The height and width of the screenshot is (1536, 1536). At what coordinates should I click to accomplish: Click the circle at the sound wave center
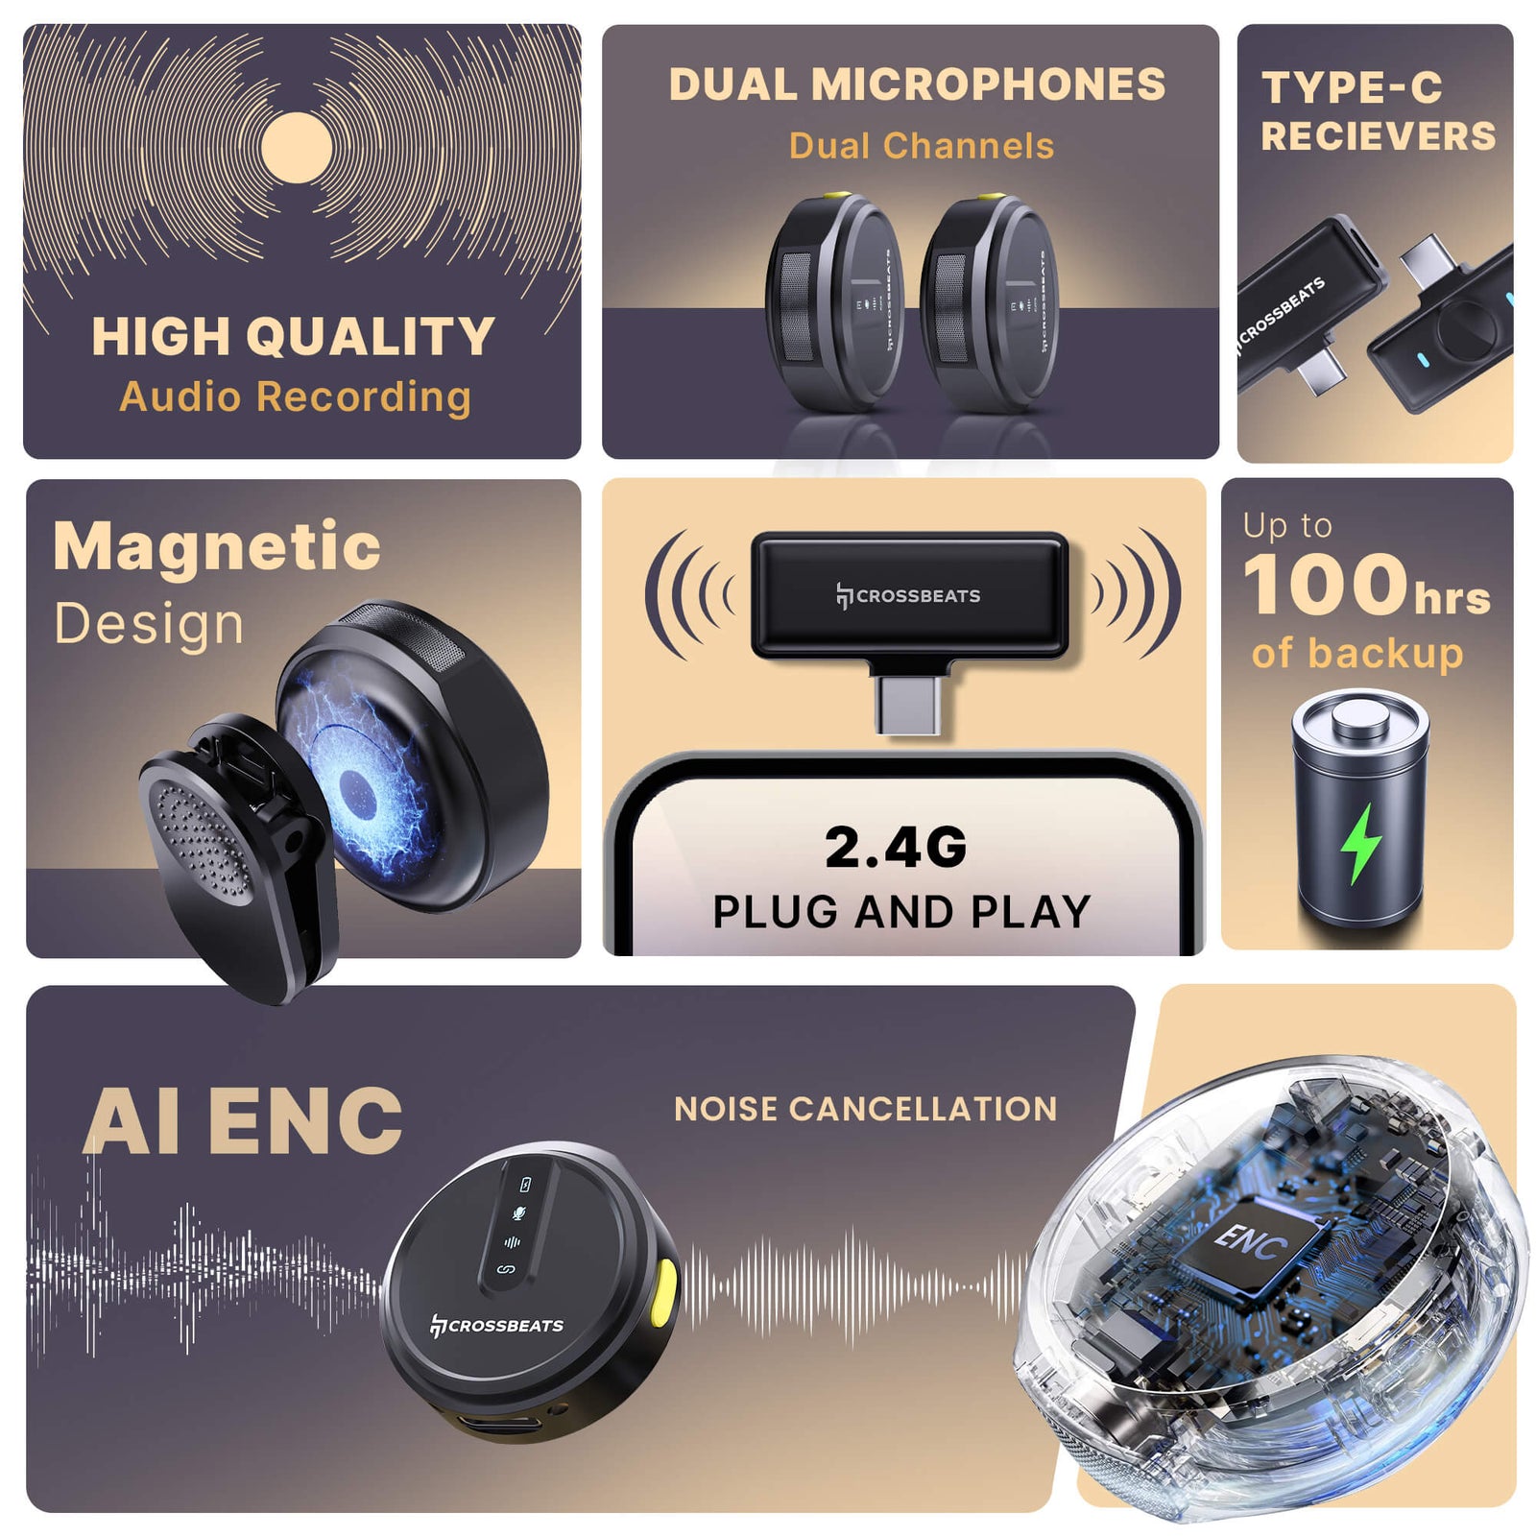[297, 147]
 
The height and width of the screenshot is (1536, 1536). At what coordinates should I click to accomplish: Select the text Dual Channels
[922, 146]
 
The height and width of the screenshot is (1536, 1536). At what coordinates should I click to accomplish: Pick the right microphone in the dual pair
[989, 302]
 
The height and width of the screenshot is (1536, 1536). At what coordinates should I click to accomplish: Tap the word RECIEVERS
[1379, 136]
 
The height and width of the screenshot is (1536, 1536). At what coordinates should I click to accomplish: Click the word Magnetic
[217, 547]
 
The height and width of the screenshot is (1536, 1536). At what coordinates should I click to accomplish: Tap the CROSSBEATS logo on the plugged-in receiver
[908, 596]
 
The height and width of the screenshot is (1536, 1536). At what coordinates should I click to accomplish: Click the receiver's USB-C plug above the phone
[908, 703]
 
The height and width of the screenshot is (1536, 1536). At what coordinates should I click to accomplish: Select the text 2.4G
[896, 848]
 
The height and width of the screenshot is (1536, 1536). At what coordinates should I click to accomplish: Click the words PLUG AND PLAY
[901, 912]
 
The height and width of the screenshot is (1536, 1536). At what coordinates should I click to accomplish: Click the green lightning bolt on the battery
[1360, 843]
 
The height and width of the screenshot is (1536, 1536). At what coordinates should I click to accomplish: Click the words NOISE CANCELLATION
[865, 1110]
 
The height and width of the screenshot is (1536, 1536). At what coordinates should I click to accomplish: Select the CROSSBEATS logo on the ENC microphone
[496, 1326]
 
